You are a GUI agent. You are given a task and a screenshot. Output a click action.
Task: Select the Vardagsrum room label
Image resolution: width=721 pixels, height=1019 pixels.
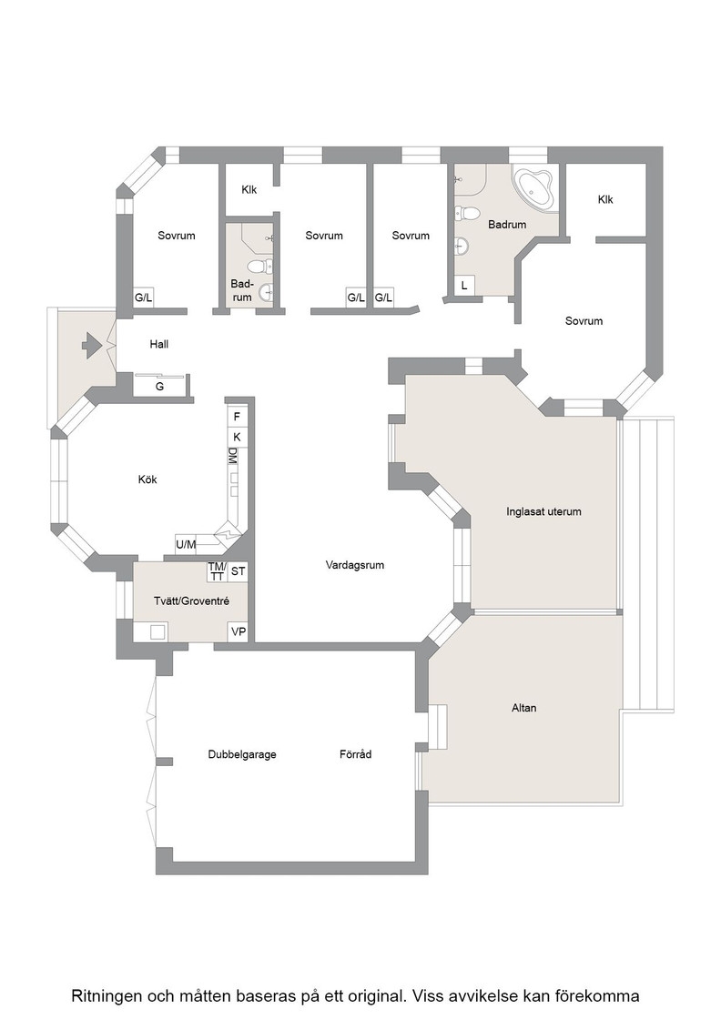(355, 565)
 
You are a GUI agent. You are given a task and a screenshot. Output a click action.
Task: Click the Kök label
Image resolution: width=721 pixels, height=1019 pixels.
(147, 479)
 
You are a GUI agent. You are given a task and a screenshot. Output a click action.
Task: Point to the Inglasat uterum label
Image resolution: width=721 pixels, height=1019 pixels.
(543, 511)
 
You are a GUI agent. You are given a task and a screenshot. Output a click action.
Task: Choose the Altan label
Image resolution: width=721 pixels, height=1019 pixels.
(523, 708)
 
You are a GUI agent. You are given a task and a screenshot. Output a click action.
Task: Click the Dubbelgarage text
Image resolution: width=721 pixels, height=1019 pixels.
(242, 754)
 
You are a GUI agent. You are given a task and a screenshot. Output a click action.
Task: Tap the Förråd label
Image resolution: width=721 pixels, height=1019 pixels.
(356, 754)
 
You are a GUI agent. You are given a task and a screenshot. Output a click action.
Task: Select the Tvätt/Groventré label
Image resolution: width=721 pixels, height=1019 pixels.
(191, 601)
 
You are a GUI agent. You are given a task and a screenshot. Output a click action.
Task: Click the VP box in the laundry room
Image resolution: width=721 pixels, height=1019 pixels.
(239, 631)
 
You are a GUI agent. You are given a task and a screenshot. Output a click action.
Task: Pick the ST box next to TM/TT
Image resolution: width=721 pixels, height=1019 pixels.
(238, 571)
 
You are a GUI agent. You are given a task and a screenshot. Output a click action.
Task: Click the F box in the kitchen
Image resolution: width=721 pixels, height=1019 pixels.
(238, 417)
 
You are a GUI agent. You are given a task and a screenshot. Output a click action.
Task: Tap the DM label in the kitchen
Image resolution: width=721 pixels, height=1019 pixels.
(233, 456)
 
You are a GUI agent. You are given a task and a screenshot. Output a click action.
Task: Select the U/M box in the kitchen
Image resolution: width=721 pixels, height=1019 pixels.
(186, 544)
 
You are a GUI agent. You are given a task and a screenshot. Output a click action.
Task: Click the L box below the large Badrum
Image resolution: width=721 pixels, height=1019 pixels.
(464, 286)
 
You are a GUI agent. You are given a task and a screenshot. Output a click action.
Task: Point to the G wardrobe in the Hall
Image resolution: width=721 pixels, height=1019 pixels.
(159, 386)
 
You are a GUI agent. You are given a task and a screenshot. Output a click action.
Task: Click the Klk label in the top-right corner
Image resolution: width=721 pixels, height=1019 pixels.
(605, 199)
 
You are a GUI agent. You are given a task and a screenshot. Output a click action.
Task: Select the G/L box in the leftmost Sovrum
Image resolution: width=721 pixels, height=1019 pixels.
(144, 298)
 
